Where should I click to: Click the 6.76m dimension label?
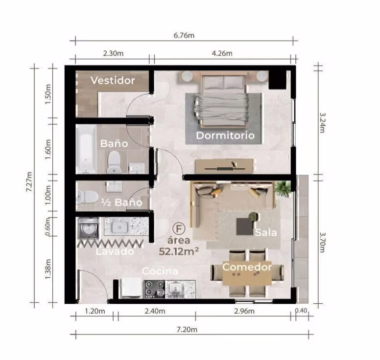point(184,35)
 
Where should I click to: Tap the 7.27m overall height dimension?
point(29,181)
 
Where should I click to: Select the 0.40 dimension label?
point(301,311)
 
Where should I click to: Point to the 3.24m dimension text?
point(323,123)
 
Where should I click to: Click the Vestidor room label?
point(113,80)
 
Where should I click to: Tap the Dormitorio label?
point(225,135)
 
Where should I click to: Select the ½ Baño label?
point(121,202)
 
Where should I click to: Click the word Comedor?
point(247,267)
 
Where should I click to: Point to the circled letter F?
point(179,228)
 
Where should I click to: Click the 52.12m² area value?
point(179,251)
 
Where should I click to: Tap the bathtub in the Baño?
point(86,149)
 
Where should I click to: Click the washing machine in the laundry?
point(88,227)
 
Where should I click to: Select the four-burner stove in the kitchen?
point(154,289)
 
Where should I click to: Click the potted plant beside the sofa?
point(283,189)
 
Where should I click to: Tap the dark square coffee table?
point(245,226)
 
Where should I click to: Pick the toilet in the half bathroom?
point(87,197)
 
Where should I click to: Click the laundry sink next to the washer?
point(119,227)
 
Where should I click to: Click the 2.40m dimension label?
point(155,311)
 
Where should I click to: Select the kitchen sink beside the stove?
point(175,289)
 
